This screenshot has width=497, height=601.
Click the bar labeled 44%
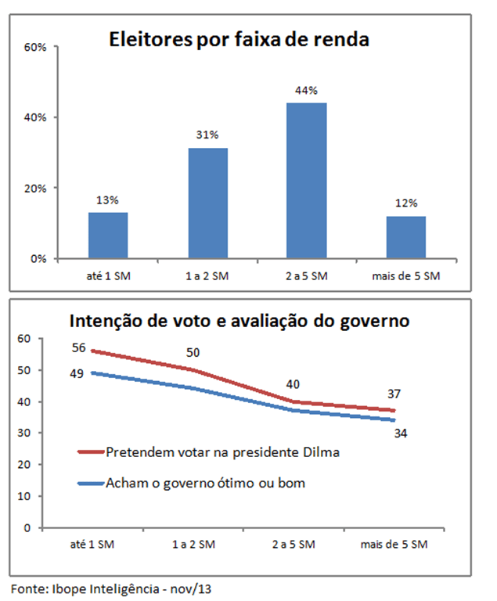[306, 180]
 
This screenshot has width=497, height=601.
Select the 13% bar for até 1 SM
[108, 235]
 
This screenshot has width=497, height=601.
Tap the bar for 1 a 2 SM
[207, 203]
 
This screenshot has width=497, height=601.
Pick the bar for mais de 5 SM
[405, 236]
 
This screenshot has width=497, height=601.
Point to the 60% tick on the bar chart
[37, 47]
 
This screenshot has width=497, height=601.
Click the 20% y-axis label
[37, 188]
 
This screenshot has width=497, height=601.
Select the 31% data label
[207, 135]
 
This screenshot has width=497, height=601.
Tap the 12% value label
[405, 203]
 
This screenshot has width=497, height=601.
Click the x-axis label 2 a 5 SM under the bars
[306, 276]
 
